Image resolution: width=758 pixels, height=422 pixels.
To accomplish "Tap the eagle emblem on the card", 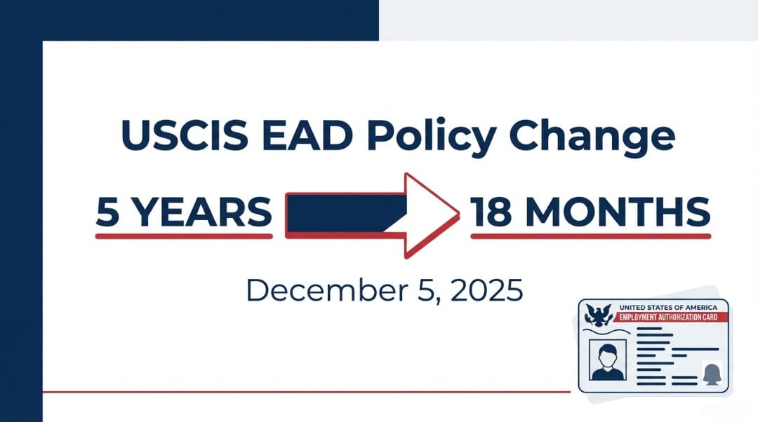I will (599, 315).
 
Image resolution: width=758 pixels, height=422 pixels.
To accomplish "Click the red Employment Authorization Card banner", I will (670, 317).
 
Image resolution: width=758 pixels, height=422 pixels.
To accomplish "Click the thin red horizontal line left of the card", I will (302, 391).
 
